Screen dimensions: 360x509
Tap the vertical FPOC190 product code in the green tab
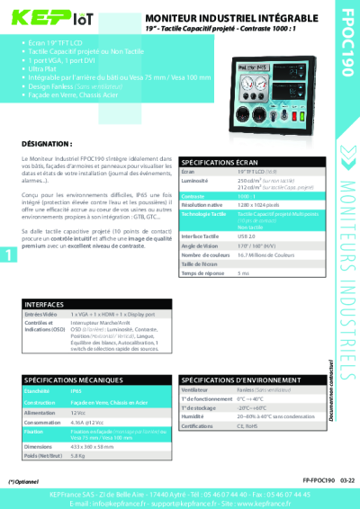tap(346, 36)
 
